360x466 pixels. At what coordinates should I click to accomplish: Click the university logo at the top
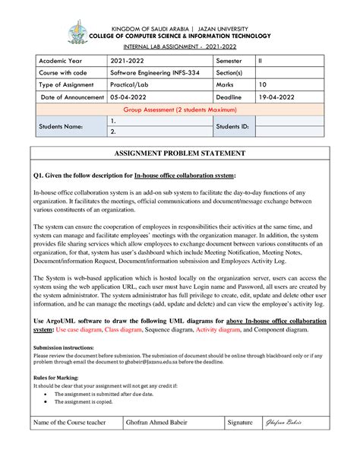pyautogui.click(x=78, y=33)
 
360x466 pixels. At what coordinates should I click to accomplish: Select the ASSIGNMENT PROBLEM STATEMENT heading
pyautogui.click(x=179, y=153)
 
